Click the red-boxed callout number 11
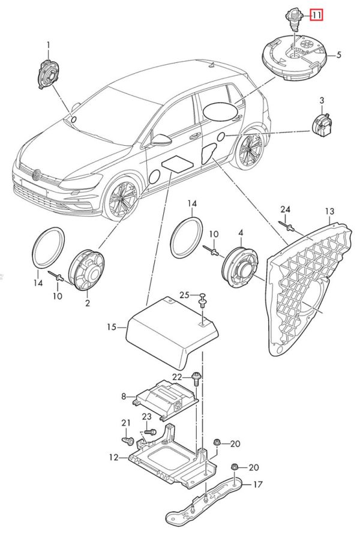tap(316, 15)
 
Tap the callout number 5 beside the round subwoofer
tap(338, 55)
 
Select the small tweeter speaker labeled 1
tap(47, 74)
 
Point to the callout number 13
tap(329, 211)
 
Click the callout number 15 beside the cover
tap(112, 327)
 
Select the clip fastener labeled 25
tap(202, 300)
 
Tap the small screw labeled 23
tap(149, 432)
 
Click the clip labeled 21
tap(128, 441)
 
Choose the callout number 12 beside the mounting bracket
tap(113, 457)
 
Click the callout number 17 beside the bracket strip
tap(258, 484)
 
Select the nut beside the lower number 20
tap(235, 468)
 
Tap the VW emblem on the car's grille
tap(36, 175)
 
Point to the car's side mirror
tap(161, 140)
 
